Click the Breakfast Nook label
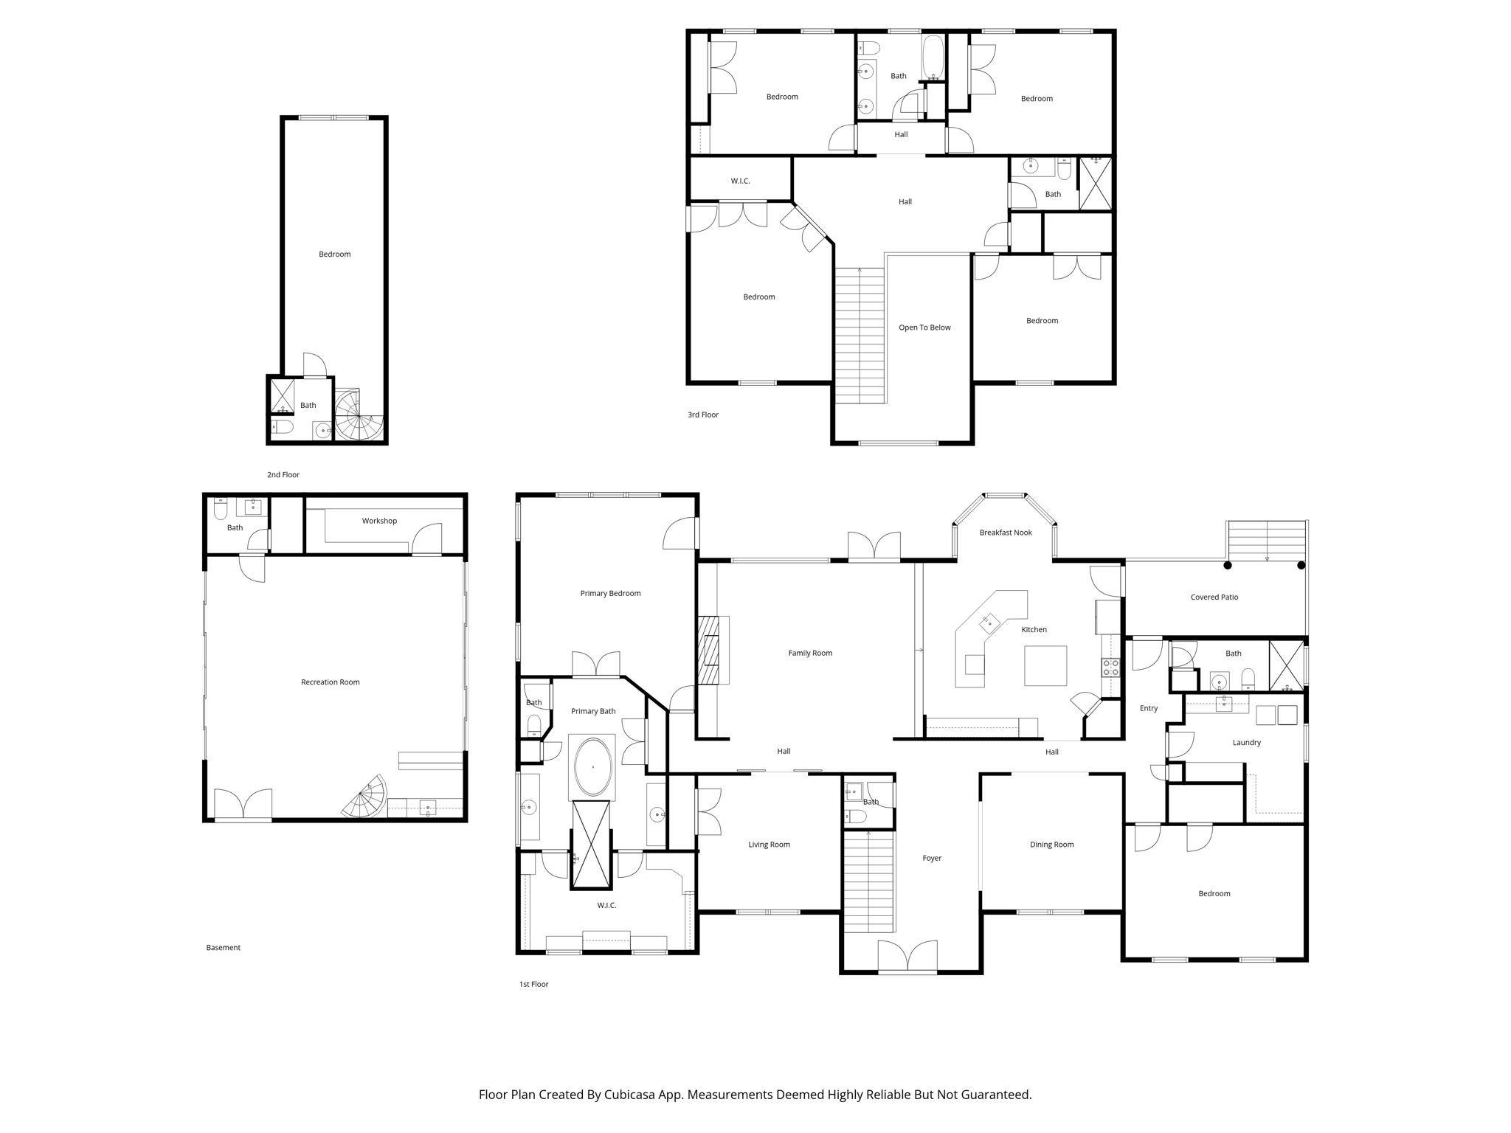(1005, 533)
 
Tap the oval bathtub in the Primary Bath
(592, 767)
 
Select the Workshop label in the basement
(379, 521)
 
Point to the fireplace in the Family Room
(711, 651)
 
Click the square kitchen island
(1045, 665)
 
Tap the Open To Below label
(924, 328)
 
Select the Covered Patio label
(1214, 597)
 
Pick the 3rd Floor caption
(703, 415)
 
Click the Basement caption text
(223, 948)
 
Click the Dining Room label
(1051, 845)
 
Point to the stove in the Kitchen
(1110, 668)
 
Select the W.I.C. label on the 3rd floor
(740, 181)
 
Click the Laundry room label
(1246, 743)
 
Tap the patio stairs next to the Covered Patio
(1267, 541)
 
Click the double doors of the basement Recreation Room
(243, 805)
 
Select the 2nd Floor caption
(283, 475)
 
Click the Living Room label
(769, 845)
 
